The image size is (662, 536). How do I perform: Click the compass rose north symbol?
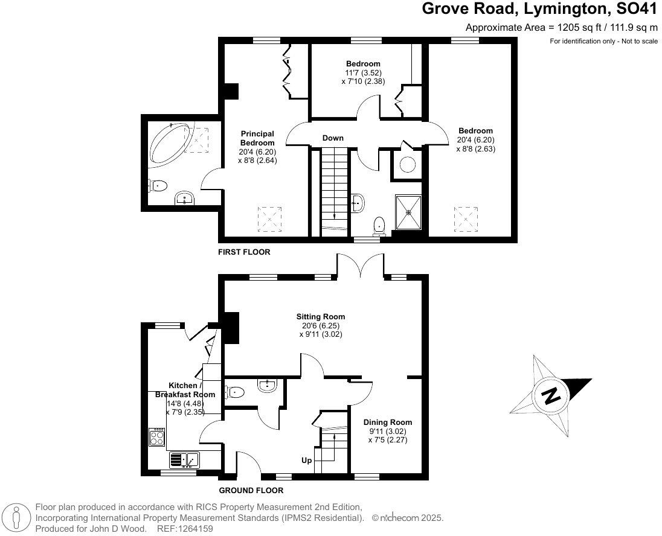coord(551,396)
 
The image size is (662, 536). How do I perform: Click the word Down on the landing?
coord(333,138)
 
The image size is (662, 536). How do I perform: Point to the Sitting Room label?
coord(321,316)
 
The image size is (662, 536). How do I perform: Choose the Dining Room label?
coord(388,423)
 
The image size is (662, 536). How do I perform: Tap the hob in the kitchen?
coord(157,436)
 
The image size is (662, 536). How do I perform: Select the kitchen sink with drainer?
coord(185,461)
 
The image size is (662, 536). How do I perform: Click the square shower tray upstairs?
coord(410,212)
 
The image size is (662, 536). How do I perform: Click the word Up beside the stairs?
coord(306,461)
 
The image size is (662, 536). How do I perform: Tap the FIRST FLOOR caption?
coord(244,252)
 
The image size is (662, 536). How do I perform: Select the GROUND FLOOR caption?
coord(251,491)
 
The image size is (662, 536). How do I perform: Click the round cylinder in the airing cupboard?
coord(408,164)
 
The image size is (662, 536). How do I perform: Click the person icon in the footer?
coord(18,518)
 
